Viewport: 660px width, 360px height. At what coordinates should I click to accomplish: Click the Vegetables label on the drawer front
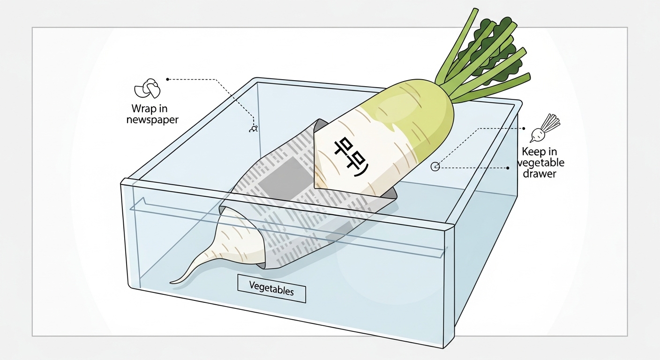coord(271,288)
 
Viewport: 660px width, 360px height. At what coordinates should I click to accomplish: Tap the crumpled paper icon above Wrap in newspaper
coord(147,88)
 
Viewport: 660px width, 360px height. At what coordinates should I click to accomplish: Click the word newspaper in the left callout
coord(152,120)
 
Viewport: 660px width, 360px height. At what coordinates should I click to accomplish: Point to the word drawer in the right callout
coord(540,173)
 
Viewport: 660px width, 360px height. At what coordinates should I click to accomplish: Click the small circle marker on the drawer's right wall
coord(435,166)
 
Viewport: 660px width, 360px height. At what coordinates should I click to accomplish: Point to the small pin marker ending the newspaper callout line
coord(253,127)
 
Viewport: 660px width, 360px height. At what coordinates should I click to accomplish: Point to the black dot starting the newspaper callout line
coord(167,79)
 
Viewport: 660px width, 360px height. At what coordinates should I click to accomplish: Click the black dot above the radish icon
coord(524,127)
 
